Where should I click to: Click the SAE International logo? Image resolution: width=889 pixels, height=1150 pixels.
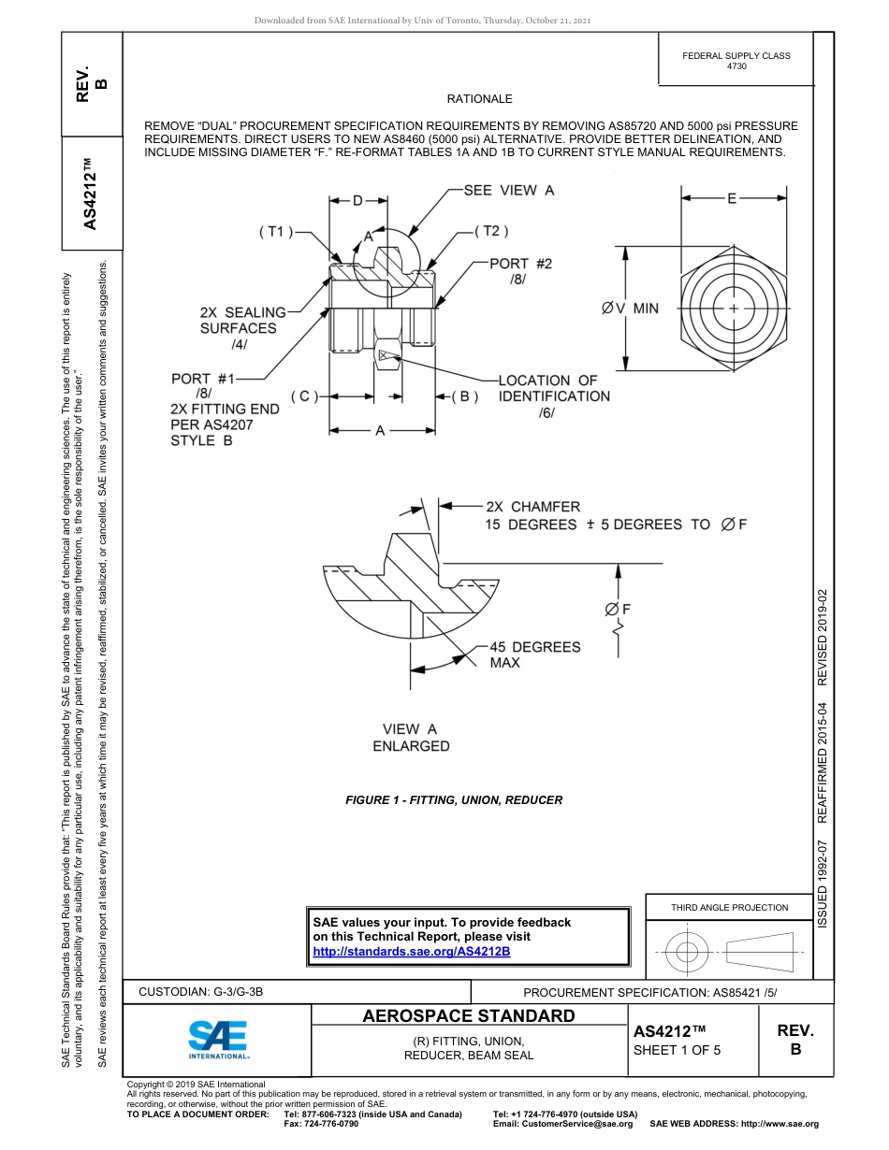(x=218, y=1038)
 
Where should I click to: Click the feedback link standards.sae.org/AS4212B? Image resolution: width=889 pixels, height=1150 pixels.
(x=411, y=951)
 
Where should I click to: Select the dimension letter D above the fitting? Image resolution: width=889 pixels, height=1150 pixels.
(x=357, y=200)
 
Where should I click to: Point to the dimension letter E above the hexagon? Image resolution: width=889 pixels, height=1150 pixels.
(x=732, y=198)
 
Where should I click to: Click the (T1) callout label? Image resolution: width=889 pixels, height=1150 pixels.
(x=276, y=232)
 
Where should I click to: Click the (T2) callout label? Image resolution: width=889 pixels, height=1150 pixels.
(x=490, y=231)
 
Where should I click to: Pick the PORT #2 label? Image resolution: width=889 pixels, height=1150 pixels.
(x=520, y=264)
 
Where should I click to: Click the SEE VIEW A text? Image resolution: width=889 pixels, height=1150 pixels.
(x=509, y=190)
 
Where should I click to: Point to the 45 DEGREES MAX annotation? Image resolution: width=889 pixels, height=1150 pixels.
(x=534, y=654)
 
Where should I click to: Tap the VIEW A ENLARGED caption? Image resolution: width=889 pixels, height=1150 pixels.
(x=411, y=738)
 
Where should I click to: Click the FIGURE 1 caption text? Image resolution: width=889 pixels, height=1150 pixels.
(x=454, y=800)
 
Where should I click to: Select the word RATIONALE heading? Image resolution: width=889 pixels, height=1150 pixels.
(x=479, y=99)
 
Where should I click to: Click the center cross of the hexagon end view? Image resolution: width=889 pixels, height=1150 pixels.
(x=733, y=308)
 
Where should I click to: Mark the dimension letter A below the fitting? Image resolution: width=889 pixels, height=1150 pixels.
(x=380, y=431)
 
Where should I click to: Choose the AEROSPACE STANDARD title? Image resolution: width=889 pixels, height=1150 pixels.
(x=469, y=1016)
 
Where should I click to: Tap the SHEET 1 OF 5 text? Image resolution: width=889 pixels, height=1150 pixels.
(x=678, y=1049)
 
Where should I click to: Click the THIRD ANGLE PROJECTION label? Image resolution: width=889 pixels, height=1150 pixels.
(x=729, y=907)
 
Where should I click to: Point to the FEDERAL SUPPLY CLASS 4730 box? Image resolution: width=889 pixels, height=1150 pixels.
(x=736, y=61)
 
